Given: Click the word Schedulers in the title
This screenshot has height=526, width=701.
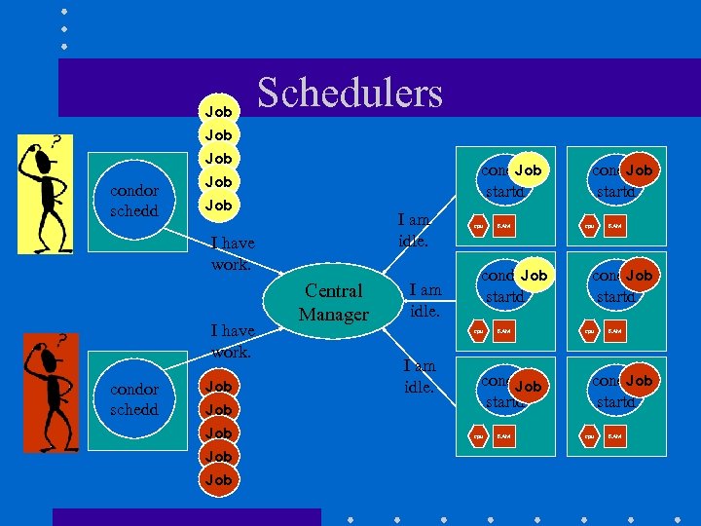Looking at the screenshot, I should click(x=350, y=93).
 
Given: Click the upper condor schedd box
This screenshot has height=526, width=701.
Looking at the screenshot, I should click(x=134, y=201).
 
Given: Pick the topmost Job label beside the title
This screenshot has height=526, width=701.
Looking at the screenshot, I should click(x=219, y=112).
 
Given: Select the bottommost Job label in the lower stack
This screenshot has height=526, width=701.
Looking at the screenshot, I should click(x=219, y=479).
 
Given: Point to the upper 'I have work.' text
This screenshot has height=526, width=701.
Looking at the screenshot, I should click(x=231, y=253).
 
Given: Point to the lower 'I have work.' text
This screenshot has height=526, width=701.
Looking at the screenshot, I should click(x=231, y=341).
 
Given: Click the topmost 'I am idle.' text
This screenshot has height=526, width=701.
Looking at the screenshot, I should click(x=415, y=231).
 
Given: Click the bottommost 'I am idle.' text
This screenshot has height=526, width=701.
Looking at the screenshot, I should click(x=420, y=375).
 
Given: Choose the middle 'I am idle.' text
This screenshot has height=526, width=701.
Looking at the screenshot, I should click(x=424, y=299).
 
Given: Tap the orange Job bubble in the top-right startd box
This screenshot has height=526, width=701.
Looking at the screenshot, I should click(x=640, y=170).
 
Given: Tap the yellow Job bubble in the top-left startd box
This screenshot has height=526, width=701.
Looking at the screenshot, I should click(x=528, y=170).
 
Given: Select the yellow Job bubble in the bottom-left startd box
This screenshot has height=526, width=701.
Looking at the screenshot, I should click(x=528, y=387).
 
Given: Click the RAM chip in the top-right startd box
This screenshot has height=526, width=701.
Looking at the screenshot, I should click(x=615, y=227).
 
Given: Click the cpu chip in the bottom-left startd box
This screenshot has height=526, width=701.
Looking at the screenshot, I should click(x=478, y=436).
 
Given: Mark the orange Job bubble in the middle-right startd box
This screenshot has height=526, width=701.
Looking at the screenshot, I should click(x=640, y=276).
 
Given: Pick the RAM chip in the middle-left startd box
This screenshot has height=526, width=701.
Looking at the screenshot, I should click(x=504, y=331).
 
